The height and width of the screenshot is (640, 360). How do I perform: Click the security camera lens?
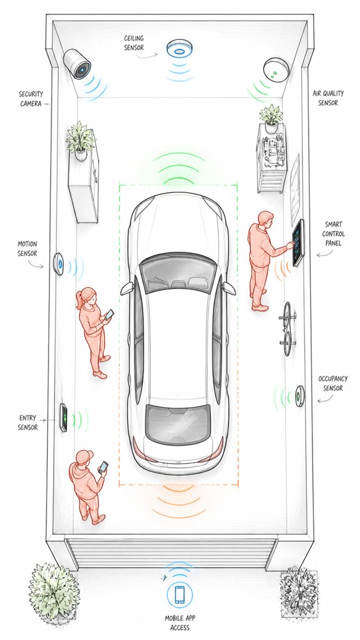[x=81, y=70]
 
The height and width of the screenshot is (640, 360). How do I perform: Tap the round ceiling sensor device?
[x=179, y=49]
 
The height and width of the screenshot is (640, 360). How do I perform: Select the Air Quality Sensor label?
[x=328, y=98]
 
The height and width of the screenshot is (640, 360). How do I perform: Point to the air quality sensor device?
[x=276, y=70]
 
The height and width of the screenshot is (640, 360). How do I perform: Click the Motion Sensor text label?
[x=28, y=249]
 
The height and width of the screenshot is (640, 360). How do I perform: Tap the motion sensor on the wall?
[x=58, y=264]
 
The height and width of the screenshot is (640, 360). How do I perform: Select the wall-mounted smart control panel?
[x=299, y=242]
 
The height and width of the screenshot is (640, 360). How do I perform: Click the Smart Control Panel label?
[x=334, y=234]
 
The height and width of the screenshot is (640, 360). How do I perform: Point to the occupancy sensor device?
[x=300, y=396]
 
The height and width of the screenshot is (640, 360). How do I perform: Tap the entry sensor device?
[x=63, y=418]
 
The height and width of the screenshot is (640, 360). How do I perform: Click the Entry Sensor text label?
[x=28, y=423]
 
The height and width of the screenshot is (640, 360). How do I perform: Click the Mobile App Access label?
[x=180, y=623]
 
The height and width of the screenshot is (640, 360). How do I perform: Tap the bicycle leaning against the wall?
[x=287, y=329]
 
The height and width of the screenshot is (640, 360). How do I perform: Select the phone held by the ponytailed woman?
[x=110, y=314]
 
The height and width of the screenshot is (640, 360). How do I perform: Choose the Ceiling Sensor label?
[x=134, y=43]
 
